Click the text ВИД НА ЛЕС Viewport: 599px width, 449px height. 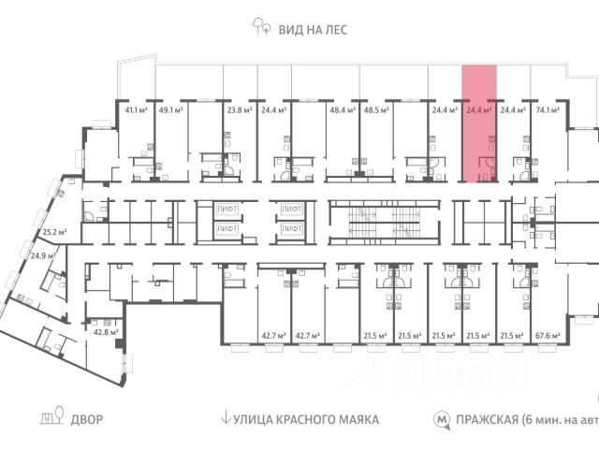(313, 30)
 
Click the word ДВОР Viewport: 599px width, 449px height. (87, 419)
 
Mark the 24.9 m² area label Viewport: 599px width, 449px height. (42, 254)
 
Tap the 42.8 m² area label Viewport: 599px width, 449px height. (105, 331)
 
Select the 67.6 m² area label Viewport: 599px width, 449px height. (548, 335)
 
